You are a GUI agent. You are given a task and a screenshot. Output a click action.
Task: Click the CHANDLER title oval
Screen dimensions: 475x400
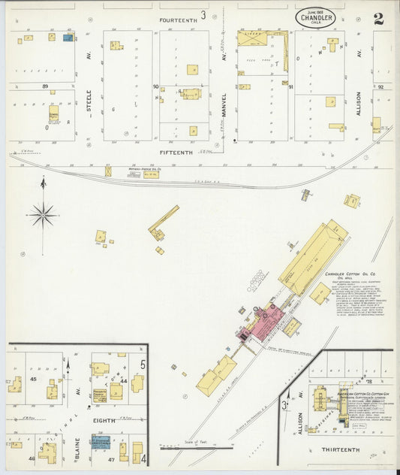315,17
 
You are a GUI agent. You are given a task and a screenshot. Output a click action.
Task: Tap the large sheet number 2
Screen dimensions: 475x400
378,18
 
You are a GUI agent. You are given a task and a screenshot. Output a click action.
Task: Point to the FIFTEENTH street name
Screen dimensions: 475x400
176,152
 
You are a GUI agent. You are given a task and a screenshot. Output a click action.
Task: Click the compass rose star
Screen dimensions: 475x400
43,215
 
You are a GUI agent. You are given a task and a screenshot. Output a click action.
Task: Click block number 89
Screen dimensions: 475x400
45,86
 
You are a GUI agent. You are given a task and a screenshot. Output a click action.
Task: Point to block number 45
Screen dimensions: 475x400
33,379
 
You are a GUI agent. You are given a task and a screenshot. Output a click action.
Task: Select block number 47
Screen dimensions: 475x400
110,458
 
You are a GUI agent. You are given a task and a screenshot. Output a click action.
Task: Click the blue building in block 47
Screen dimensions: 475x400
101,443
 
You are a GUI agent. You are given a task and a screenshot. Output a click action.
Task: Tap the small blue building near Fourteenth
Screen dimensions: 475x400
68,37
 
